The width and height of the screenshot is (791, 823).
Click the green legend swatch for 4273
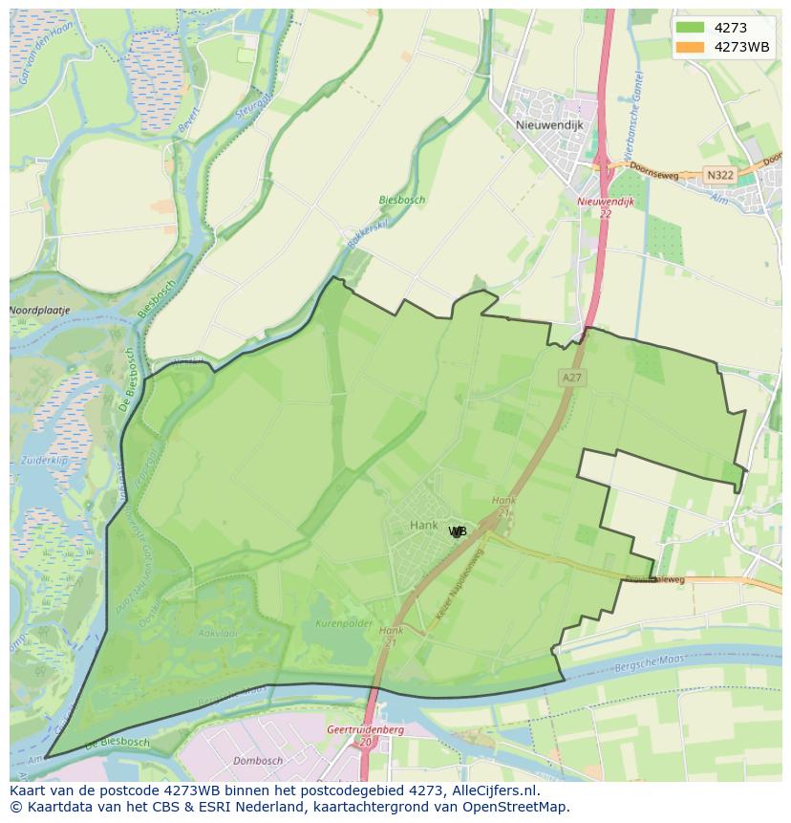pyautogui.click(x=689, y=28)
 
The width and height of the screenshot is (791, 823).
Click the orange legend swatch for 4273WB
pyautogui.click(x=689, y=47)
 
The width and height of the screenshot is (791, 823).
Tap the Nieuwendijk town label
pyautogui.click(x=548, y=124)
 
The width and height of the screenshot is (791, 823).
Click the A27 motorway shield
pyautogui.click(x=571, y=378)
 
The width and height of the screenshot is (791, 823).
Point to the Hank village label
pyautogui.click(x=423, y=525)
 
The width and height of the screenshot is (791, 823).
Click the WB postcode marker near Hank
pyautogui.click(x=458, y=531)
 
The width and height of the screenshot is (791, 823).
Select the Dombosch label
pyautogui.click(x=258, y=761)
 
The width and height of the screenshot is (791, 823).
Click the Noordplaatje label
pyautogui.click(x=39, y=311)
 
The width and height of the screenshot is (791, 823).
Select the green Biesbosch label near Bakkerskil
pyautogui.click(x=401, y=201)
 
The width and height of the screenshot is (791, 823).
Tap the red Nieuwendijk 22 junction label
pyautogui.click(x=599, y=207)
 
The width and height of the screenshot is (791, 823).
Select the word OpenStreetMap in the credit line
pyautogui.click(x=520, y=808)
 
